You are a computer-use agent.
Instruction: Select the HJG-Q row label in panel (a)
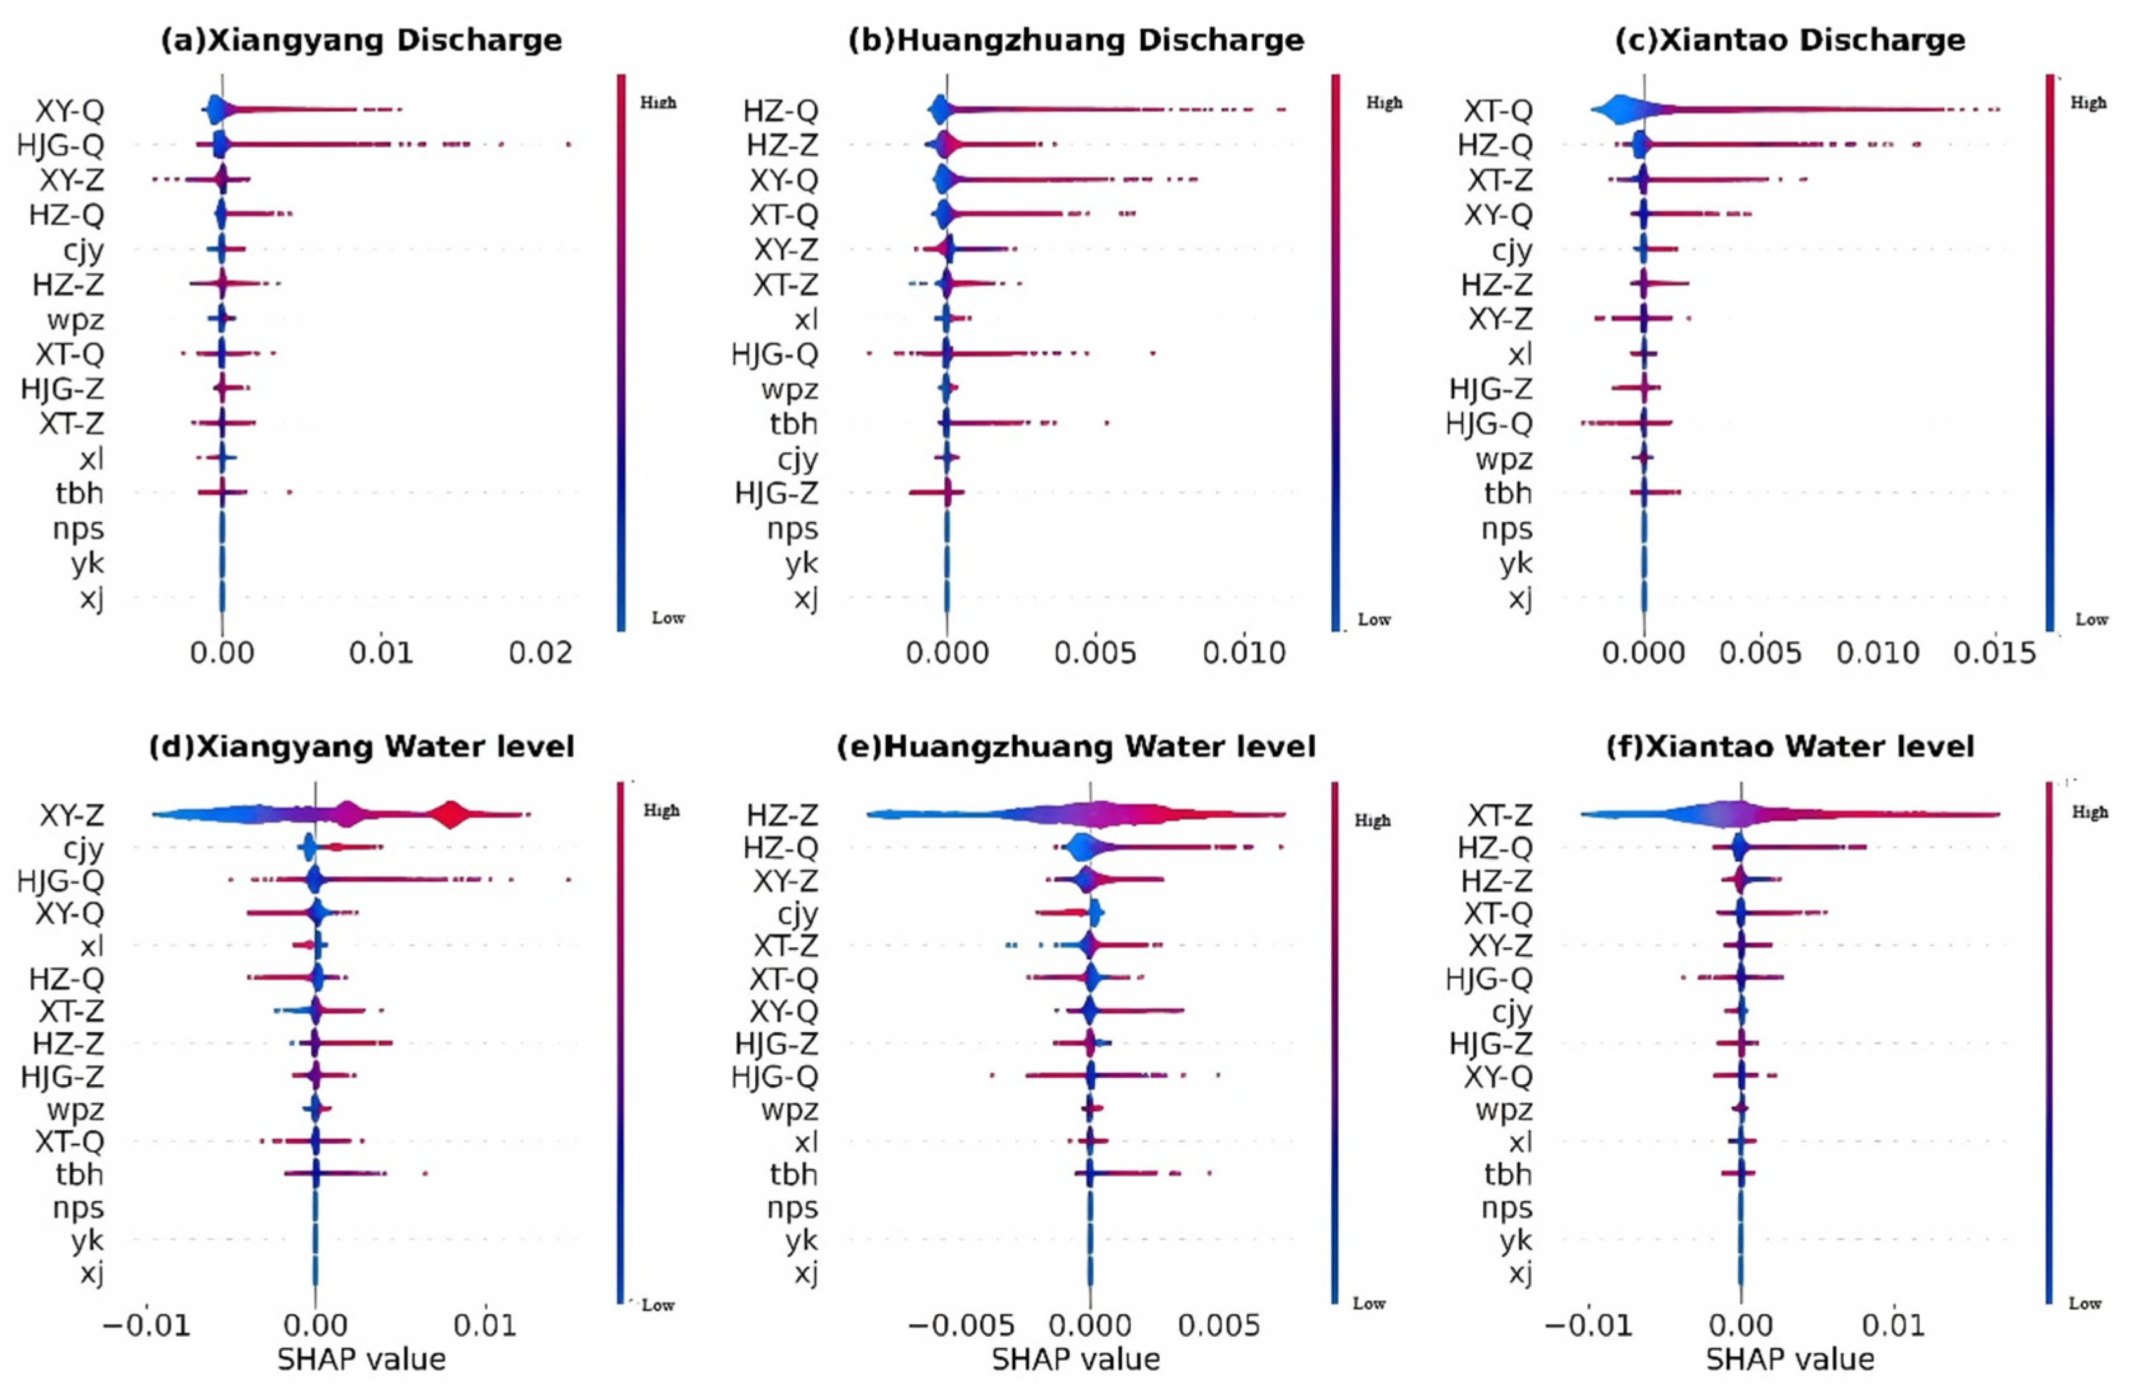coord(61,145)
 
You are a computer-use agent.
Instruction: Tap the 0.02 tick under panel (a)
coord(541,653)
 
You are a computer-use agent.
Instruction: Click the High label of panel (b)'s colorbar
coord(1384,103)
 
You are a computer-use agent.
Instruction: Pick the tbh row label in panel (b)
coord(793,423)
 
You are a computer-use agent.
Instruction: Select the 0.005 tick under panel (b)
coord(1095,653)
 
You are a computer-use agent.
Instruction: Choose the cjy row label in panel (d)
coord(82,848)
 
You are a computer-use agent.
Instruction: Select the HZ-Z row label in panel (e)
coord(782,815)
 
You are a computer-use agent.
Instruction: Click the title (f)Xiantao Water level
coord(1790,747)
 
